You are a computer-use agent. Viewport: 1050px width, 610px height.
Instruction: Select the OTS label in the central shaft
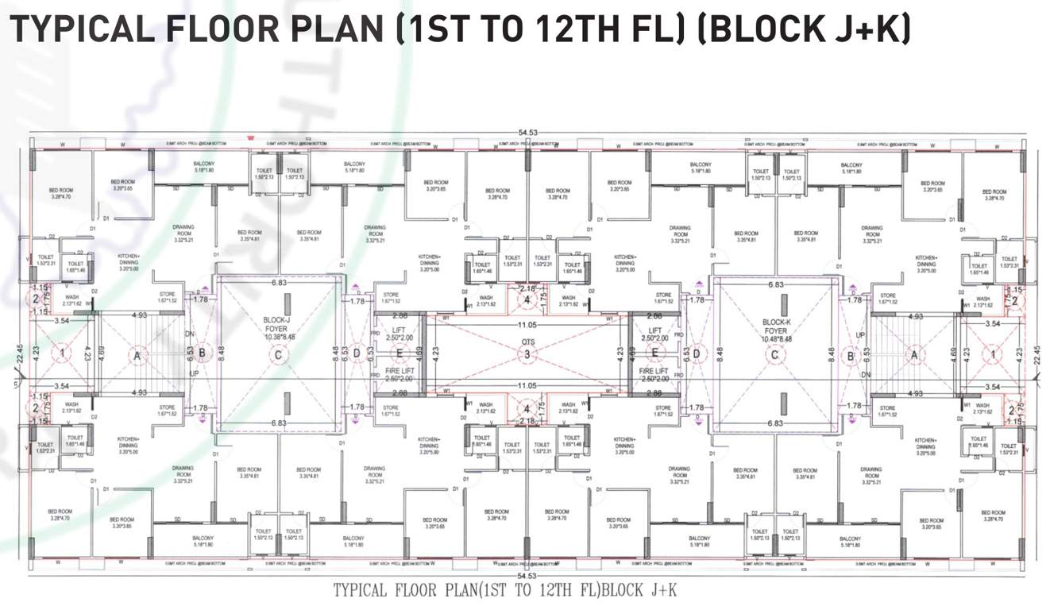528,342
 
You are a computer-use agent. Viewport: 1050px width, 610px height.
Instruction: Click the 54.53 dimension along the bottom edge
526,576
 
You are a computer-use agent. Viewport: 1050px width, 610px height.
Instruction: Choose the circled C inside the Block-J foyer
278,355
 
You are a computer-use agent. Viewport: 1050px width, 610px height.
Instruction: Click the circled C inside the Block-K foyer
774,355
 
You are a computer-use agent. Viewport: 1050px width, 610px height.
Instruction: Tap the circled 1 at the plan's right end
992,353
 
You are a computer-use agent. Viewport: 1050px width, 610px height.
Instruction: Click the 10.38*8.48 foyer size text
278,336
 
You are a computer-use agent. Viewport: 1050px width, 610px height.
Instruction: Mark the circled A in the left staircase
137,355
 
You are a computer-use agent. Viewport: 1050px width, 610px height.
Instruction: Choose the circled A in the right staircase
914,355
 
